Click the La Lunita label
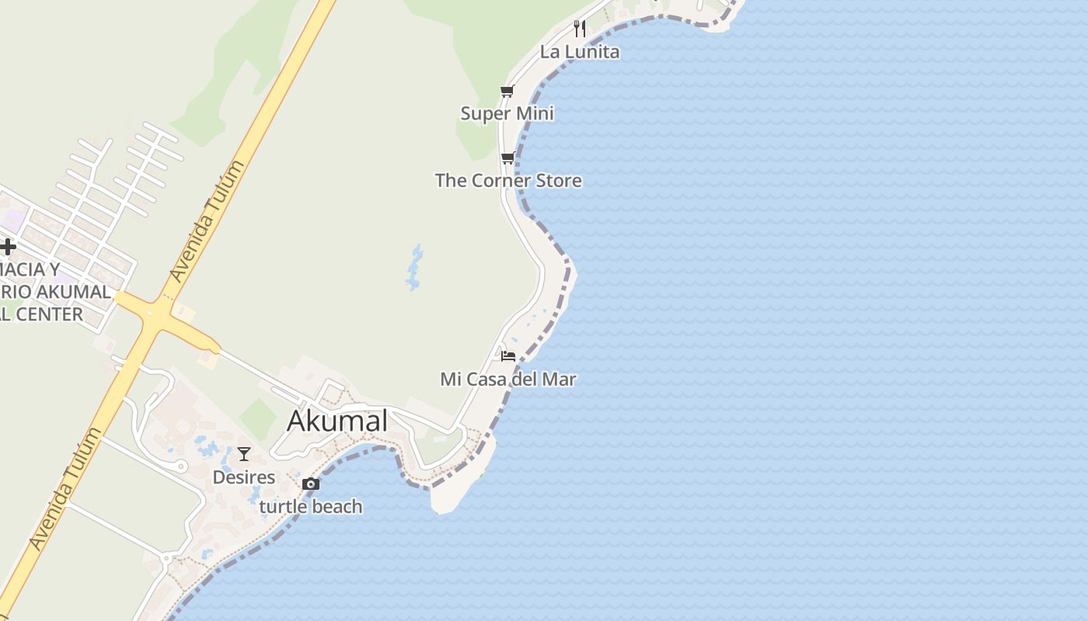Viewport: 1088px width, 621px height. [x=580, y=52]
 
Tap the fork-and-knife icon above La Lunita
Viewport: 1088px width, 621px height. [x=579, y=29]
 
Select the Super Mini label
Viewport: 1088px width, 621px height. [x=507, y=113]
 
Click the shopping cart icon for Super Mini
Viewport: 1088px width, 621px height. [x=507, y=92]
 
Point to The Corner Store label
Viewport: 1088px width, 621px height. [x=508, y=180]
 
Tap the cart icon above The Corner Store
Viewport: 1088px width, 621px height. [x=507, y=158]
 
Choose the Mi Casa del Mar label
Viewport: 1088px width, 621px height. [x=508, y=379]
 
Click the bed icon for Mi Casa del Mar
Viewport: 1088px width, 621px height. [x=508, y=356]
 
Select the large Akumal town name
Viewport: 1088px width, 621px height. [x=337, y=421]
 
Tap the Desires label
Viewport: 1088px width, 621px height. [x=244, y=477]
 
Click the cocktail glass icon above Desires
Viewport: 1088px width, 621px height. [x=244, y=454]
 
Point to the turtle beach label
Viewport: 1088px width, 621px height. [x=311, y=506]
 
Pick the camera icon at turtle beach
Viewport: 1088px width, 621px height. [x=311, y=484]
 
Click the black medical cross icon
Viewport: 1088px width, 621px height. [x=8, y=247]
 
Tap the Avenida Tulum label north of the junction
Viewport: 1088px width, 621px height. [x=207, y=221]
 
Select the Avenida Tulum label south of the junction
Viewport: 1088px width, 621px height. [x=65, y=489]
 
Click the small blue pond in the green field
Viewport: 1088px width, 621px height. [x=416, y=268]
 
